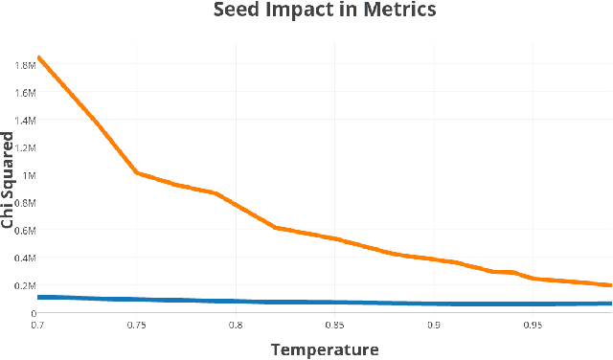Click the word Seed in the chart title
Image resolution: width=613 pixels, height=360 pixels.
(238, 11)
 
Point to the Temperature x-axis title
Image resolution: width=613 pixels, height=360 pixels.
(325, 349)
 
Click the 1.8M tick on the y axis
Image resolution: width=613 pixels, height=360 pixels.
(24, 65)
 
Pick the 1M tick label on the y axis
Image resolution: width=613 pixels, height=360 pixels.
(29, 175)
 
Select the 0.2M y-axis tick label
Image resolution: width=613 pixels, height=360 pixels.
(24, 285)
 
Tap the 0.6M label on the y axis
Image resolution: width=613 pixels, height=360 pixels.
(24, 231)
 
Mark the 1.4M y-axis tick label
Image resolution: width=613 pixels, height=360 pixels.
(24, 121)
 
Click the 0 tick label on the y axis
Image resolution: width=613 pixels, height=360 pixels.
(33, 313)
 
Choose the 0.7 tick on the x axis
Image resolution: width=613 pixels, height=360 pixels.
(38, 326)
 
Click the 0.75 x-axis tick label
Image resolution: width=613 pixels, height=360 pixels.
(137, 326)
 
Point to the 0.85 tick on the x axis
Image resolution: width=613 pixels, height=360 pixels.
(334, 326)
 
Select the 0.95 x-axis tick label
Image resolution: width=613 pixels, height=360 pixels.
(533, 326)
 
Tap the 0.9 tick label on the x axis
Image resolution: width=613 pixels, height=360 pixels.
(434, 326)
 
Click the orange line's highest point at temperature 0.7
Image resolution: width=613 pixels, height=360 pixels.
(38, 57)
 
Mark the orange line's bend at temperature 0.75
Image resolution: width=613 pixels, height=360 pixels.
(137, 173)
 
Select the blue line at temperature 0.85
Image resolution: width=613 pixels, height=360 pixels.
(334, 303)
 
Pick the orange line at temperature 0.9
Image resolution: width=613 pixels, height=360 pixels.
(434, 259)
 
